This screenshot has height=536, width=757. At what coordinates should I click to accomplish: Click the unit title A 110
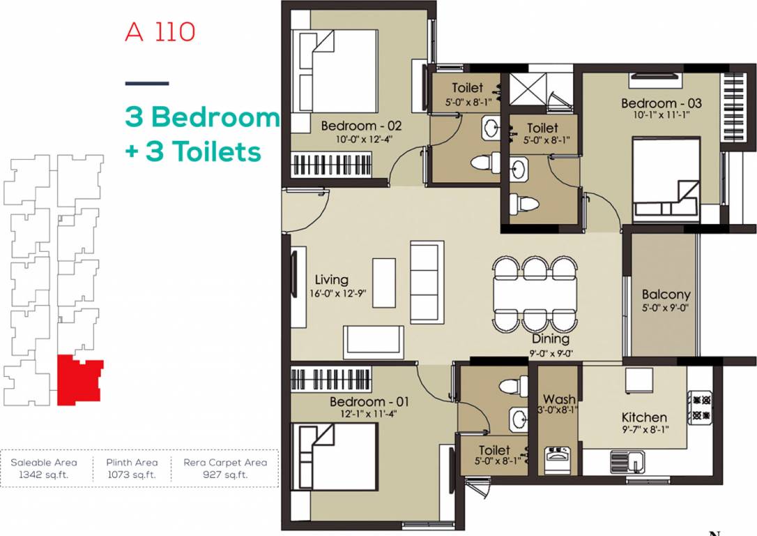tap(160, 32)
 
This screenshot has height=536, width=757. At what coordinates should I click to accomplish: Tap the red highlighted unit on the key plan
tap(78, 380)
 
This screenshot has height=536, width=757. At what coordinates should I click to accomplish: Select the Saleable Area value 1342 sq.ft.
tap(43, 475)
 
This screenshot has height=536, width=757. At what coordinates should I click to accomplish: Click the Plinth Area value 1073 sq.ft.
tap(132, 475)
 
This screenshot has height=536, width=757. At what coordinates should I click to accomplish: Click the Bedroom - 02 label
tap(361, 126)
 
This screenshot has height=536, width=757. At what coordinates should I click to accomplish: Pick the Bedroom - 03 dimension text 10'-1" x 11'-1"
tap(661, 115)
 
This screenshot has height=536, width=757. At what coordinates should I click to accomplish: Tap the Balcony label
tap(666, 295)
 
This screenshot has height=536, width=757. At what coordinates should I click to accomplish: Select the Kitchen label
tap(644, 417)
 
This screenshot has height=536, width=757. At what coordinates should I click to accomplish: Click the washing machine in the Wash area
tap(557, 461)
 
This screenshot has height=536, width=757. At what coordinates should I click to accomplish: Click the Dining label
tap(551, 338)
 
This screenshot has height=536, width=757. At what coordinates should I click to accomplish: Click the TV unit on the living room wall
tap(296, 287)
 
